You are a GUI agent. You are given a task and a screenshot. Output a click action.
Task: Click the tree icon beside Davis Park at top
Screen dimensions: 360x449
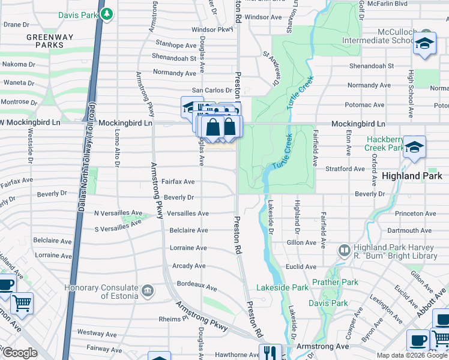pyautogui.click(x=107, y=13)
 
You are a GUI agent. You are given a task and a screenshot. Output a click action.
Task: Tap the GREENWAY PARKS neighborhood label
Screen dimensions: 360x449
pyautogui.click(x=49, y=41)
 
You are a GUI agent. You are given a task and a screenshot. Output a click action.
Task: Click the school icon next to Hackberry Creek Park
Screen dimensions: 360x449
pyautogui.click(x=414, y=147)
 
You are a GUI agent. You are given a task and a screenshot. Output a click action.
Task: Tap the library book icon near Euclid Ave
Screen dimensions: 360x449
pyautogui.click(x=345, y=249)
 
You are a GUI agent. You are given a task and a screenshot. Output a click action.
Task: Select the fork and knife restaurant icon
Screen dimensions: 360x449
pyautogui.click(x=269, y=353)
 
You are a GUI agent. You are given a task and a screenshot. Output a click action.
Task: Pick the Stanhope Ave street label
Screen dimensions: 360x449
pyautogui.click(x=176, y=45)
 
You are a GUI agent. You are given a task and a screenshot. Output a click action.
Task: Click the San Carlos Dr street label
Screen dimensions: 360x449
pyautogui.click(x=211, y=90)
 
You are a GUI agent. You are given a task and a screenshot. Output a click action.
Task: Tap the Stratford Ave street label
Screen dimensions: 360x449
pyautogui.click(x=345, y=169)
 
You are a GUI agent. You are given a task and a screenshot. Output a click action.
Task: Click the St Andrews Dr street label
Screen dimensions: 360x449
pyautogui.click(x=271, y=67)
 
